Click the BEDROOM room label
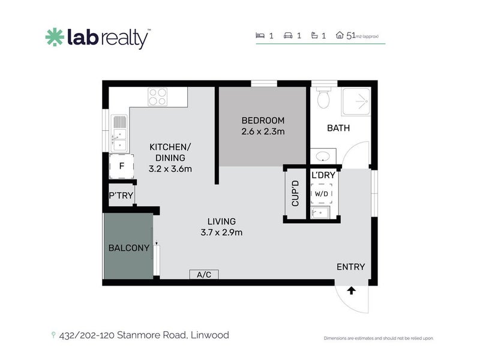coord(263,121)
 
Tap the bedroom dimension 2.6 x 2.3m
coord(263,131)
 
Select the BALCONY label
coord(129,248)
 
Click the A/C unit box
coord(204,274)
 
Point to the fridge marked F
coord(122,166)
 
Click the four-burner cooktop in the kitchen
coord(158,97)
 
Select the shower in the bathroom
coord(356,101)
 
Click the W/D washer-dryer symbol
coord(322,193)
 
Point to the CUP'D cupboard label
coord(295,193)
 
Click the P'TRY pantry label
coord(121,196)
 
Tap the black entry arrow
coord(351,290)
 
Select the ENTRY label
coord(351,267)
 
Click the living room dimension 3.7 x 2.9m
coord(221,233)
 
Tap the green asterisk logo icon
coord(55,37)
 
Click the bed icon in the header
coord(260,35)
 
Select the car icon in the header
coord(288,35)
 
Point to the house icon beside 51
coord(340,35)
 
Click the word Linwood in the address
coord(209,335)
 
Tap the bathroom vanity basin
coord(322,157)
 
